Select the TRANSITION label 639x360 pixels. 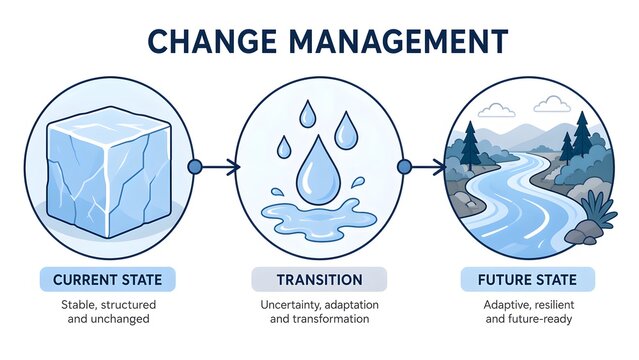pyautogui.click(x=320, y=278)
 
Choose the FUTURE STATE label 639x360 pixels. pyautogui.click(x=527, y=278)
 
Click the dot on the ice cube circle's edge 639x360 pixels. pyautogui.click(x=195, y=167)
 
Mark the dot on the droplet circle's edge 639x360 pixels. pyautogui.click(x=404, y=167)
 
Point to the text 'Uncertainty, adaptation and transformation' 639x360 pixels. pyautogui.click(x=320, y=310)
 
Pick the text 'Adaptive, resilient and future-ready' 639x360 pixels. pyautogui.click(x=527, y=310)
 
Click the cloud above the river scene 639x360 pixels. pyautogui.click(x=551, y=103)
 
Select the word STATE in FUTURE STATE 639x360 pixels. pyautogui.click(x=556, y=278)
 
